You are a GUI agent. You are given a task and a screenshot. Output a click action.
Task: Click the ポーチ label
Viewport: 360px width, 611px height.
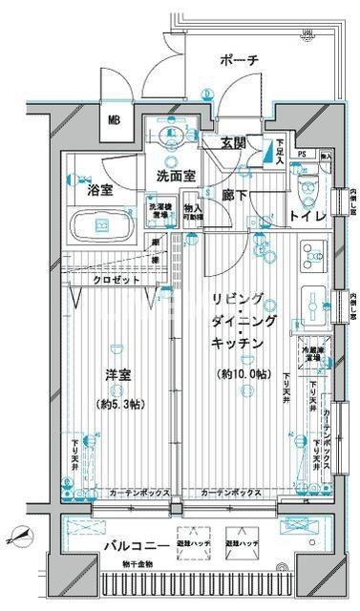[x=239, y=60]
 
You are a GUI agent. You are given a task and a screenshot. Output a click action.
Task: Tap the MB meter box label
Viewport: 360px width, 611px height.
[x=114, y=120]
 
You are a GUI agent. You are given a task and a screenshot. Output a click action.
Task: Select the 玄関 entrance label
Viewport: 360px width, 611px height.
[x=234, y=143]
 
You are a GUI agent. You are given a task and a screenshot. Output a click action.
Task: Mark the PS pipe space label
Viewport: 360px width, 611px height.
[x=302, y=155]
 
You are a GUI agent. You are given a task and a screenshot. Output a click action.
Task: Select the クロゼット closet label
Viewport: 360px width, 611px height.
[x=116, y=279]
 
